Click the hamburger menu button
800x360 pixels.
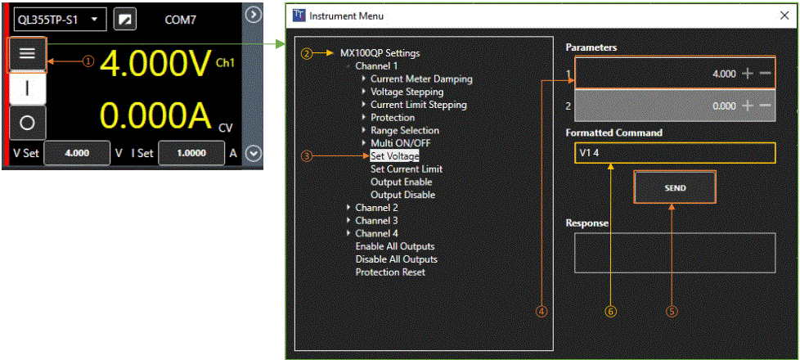point(27,54)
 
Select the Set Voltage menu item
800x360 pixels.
point(395,155)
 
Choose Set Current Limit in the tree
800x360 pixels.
point(406,169)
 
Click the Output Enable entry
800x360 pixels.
point(401,182)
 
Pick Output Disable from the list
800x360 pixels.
point(402,195)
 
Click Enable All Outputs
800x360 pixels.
point(394,246)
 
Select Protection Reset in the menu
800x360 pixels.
point(389,272)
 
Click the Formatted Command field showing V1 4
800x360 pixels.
point(673,154)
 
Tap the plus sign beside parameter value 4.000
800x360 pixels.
point(747,74)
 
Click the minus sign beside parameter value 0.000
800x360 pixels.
point(765,106)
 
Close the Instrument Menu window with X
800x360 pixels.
point(784,16)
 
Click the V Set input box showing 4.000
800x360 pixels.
point(76,153)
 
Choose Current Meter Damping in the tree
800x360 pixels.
point(420,79)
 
